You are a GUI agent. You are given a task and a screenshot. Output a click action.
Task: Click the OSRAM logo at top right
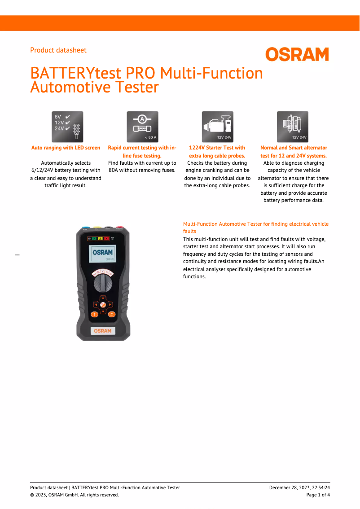pyautogui.click(x=297, y=54)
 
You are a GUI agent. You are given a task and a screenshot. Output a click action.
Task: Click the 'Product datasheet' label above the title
pyautogui.click(x=58, y=50)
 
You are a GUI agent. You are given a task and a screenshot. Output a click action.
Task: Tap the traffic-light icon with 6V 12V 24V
pyautogui.click(x=67, y=127)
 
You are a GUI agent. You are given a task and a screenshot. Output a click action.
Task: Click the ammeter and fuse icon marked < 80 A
pyautogui.click(x=142, y=127)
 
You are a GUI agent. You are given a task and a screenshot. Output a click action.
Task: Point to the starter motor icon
pyautogui.click(x=217, y=127)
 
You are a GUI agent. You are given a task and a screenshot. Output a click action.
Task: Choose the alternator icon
pyautogui.click(x=292, y=127)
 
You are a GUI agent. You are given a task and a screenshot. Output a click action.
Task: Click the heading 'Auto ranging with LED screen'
pyautogui.click(x=66, y=148)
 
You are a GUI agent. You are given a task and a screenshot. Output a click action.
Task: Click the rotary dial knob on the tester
pyautogui.click(x=103, y=283)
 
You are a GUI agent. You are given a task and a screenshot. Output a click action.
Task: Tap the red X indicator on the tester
pyautogui.click(x=107, y=238)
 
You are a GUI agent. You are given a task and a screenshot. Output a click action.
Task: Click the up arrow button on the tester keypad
pyautogui.click(x=103, y=298)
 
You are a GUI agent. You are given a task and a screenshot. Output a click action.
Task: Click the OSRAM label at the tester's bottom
pyautogui.click(x=103, y=331)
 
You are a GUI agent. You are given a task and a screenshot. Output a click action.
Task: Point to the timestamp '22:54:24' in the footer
pyautogui.click(x=320, y=487)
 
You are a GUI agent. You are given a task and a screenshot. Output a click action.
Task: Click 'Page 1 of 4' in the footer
pyautogui.click(x=318, y=495)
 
